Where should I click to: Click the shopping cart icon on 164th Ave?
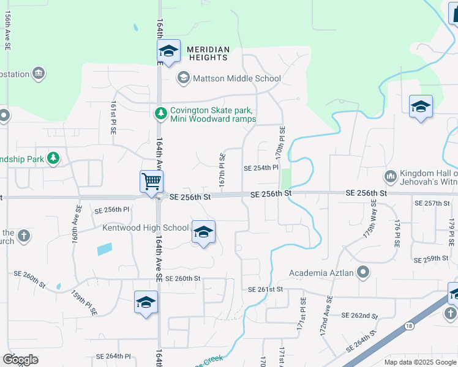151,181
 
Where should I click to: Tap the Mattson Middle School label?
237,78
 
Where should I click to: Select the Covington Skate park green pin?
160,113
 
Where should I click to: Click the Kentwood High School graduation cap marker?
203,232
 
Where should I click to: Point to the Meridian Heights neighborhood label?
208,53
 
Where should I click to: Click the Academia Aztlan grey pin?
363,272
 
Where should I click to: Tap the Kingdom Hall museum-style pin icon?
391,177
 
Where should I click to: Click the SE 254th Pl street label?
261,168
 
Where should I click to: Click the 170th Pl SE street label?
280,143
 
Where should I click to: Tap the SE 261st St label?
266,289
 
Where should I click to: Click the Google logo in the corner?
20,359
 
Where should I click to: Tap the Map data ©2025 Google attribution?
419,362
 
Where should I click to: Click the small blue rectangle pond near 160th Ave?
105,249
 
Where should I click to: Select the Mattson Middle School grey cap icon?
183,78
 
